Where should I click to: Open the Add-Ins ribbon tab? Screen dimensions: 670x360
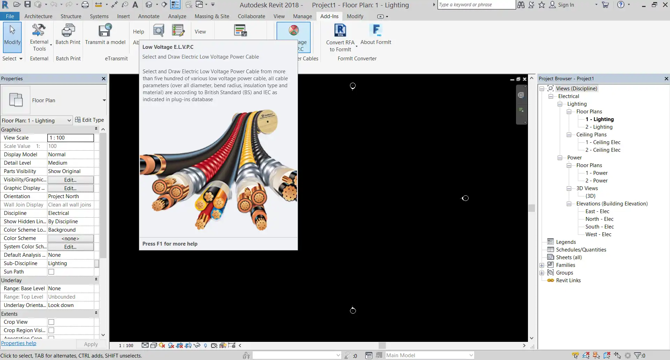(x=329, y=16)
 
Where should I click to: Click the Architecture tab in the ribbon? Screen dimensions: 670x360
(x=38, y=16)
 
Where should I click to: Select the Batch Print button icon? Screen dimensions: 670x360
(x=68, y=31)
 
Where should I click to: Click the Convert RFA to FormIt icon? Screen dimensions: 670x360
(x=340, y=30)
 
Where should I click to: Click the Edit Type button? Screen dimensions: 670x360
(x=89, y=120)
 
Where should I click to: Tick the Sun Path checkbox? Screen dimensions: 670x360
(x=51, y=272)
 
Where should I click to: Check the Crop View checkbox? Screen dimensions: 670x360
(x=51, y=322)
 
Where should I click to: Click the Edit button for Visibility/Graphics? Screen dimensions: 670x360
(x=70, y=180)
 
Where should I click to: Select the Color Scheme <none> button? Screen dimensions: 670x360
(x=70, y=238)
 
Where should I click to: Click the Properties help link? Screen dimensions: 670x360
(x=18, y=343)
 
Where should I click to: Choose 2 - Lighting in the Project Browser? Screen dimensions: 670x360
(x=599, y=127)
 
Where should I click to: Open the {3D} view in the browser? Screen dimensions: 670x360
(x=590, y=196)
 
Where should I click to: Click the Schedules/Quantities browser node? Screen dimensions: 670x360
(x=581, y=250)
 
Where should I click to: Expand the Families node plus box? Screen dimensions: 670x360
(x=542, y=265)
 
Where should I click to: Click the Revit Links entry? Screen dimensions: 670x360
(x=568, y=280)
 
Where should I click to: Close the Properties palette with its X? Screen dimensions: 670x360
(x=104, y=78)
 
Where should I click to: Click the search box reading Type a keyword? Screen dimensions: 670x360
(x=476, y=5)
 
